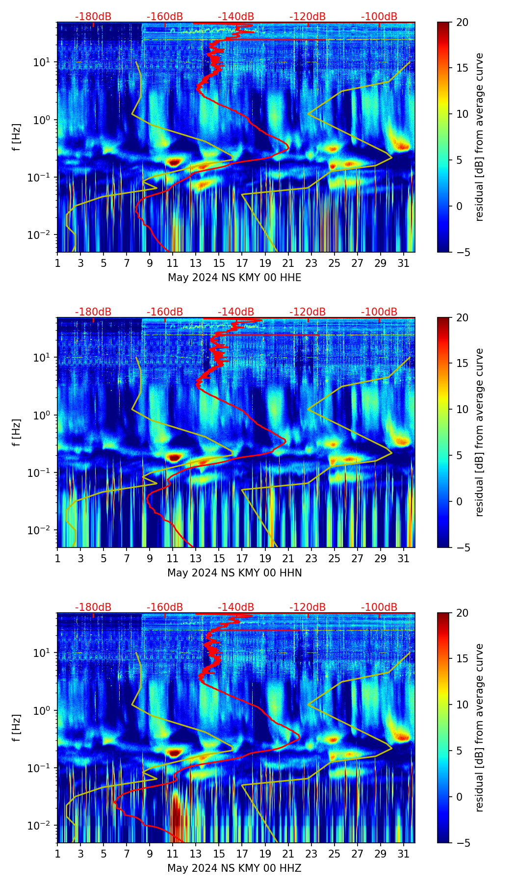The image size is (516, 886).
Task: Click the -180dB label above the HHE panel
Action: [93, 17]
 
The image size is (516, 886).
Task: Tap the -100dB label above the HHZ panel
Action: [379, 607]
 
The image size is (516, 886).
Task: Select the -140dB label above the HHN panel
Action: [236, 312]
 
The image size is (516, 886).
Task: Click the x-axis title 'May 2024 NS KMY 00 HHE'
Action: [234, 278]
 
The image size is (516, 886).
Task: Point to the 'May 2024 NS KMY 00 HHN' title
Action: [234, 573]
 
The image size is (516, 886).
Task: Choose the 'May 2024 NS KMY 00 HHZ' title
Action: [234, 868]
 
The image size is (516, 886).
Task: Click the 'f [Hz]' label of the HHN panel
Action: [16, 432]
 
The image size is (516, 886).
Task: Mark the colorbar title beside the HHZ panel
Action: [480, 728]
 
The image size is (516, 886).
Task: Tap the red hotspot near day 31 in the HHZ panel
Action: [403, 736]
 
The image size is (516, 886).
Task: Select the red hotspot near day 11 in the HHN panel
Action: [174, 457]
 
